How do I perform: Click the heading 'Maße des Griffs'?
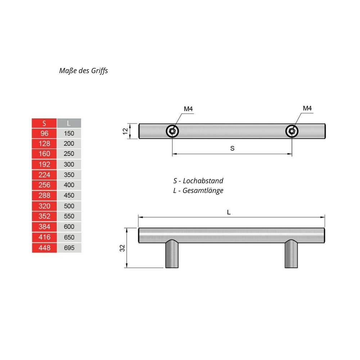[x=84, y=71]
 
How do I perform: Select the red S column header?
[x=44, y=123]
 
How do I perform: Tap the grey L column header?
[x=69, y=123]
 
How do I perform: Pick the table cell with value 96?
[x=44, y=133]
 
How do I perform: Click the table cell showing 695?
[x=69, y=248]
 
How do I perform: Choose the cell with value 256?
[x=44, y=185]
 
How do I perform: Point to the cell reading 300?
[x=69, y=165]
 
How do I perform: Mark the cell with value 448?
[x=44, y=248]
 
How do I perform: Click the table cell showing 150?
[x=69, y=134]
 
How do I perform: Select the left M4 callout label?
[x=188, y=109]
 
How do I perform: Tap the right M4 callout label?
[x=307, y=108]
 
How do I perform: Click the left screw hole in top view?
[x=172, y=131]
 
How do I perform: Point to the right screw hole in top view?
[x=292, y=131]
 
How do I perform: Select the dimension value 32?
[x=122, y=248]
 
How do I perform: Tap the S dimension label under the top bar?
[x=232, y=148]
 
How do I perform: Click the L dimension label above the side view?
[x=229, y=212]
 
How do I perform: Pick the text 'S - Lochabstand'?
[x=198, y=181]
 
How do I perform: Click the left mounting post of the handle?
[x=172, y=255]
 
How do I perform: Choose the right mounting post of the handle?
[x=291, y=255]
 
